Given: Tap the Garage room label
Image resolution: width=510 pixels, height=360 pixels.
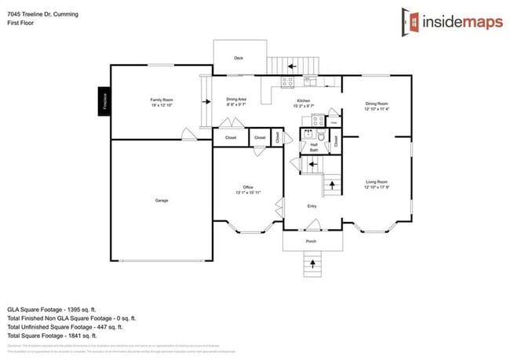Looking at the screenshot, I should (x=161, y=200).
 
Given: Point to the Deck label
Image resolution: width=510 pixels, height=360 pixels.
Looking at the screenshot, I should (x=239, y=58).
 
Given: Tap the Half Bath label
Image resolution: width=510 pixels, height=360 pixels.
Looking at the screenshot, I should (x=313, y=147).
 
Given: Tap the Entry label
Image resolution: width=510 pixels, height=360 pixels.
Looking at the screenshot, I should (x=311, y=206).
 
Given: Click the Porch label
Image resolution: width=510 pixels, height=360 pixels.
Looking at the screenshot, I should (x=311, y=241).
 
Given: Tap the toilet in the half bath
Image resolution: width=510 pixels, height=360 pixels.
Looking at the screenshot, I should (x=320, y=136).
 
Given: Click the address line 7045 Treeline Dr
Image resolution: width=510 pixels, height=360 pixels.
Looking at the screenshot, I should (x=43, y=6).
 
